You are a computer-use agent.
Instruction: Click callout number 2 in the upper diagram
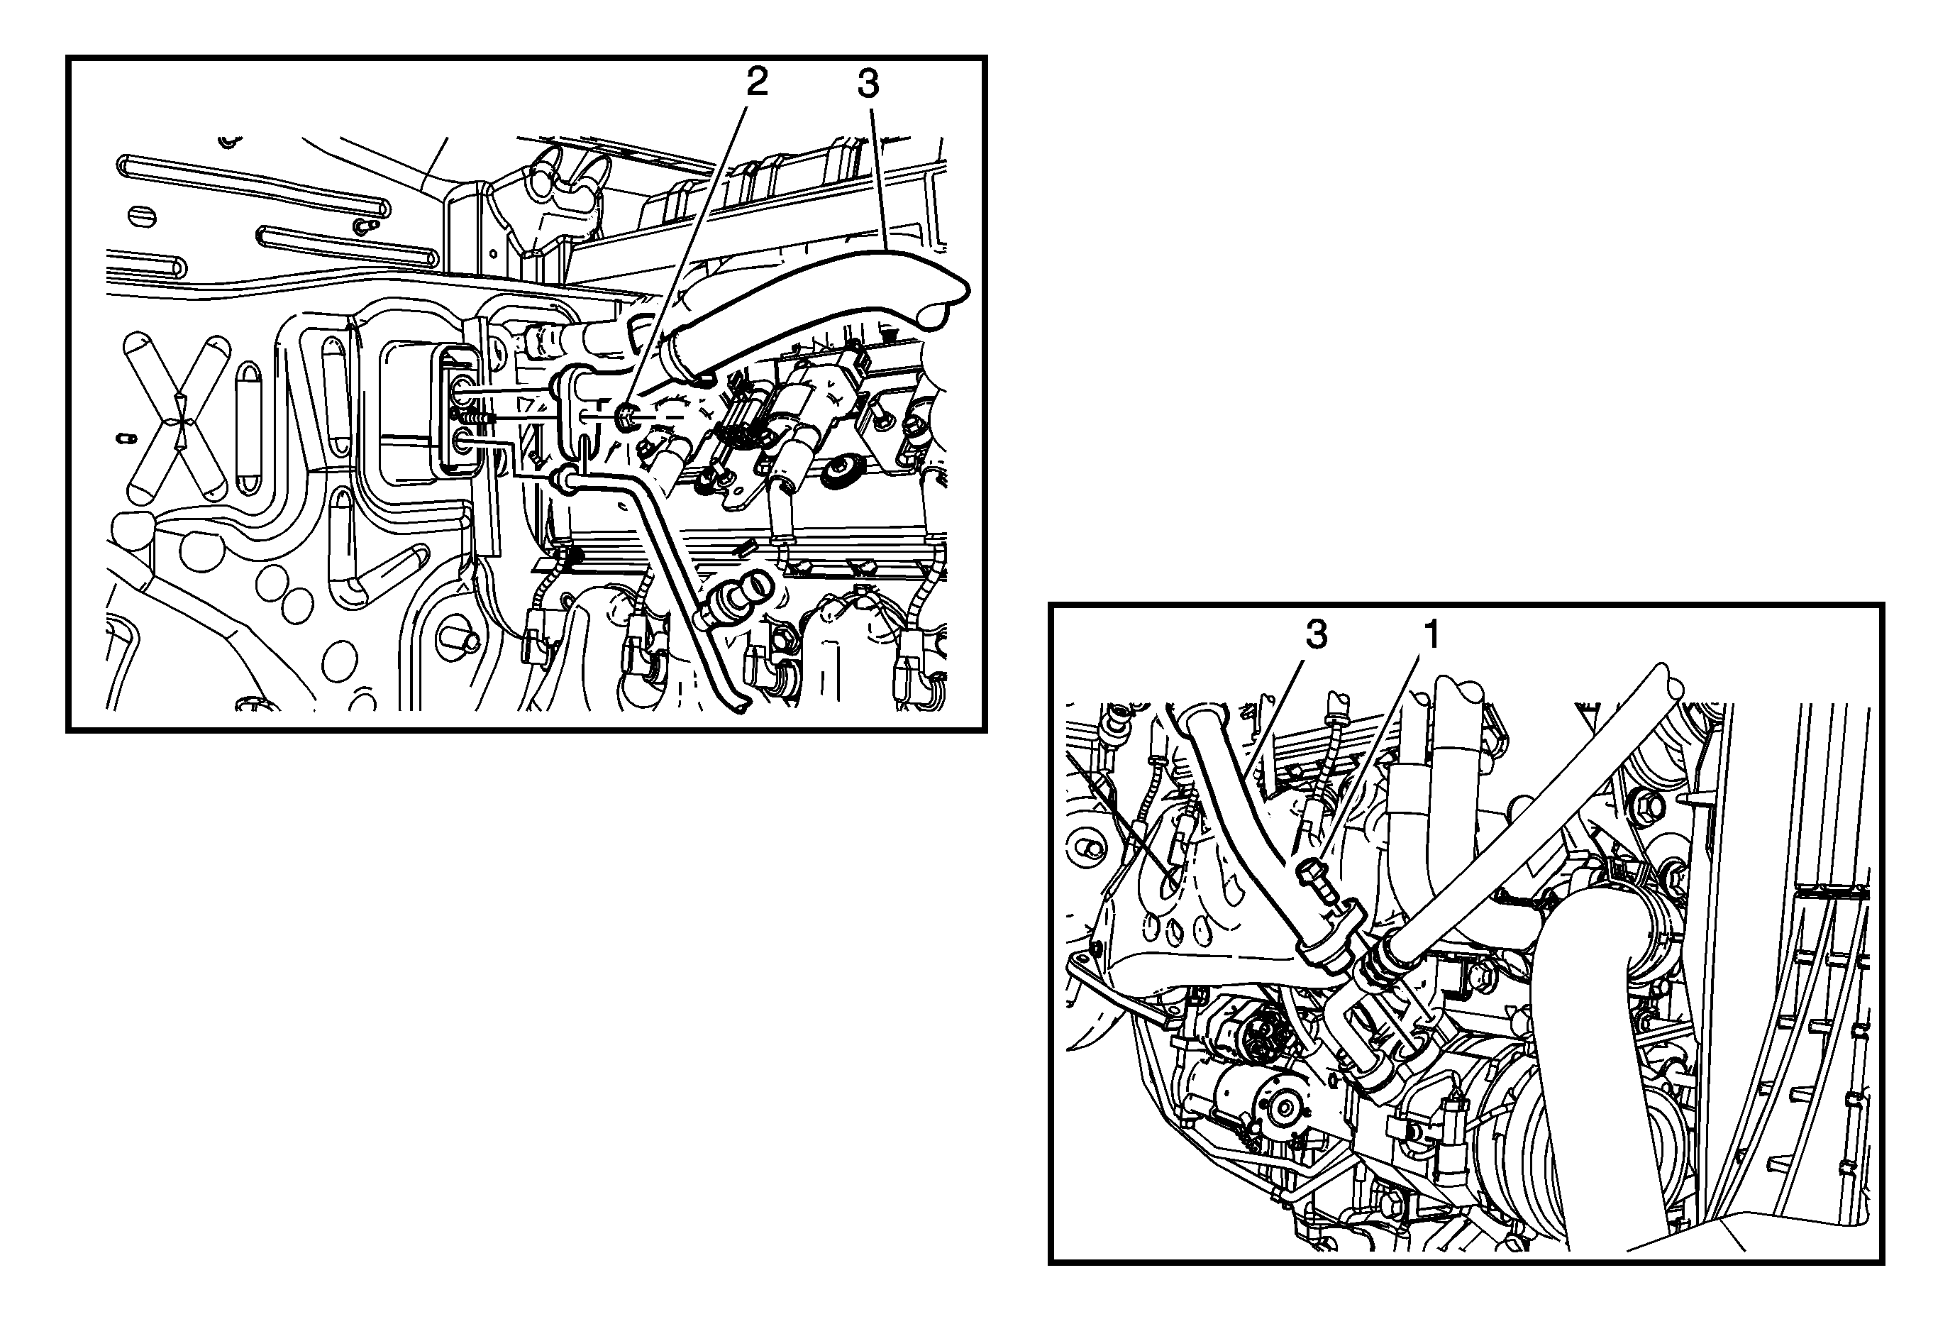tap(756, 82)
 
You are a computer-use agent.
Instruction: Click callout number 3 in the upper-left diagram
tap(868, 84)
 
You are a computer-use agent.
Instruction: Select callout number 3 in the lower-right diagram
tap(1317, 635)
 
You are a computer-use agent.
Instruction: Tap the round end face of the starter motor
tap(1285, 1108)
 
